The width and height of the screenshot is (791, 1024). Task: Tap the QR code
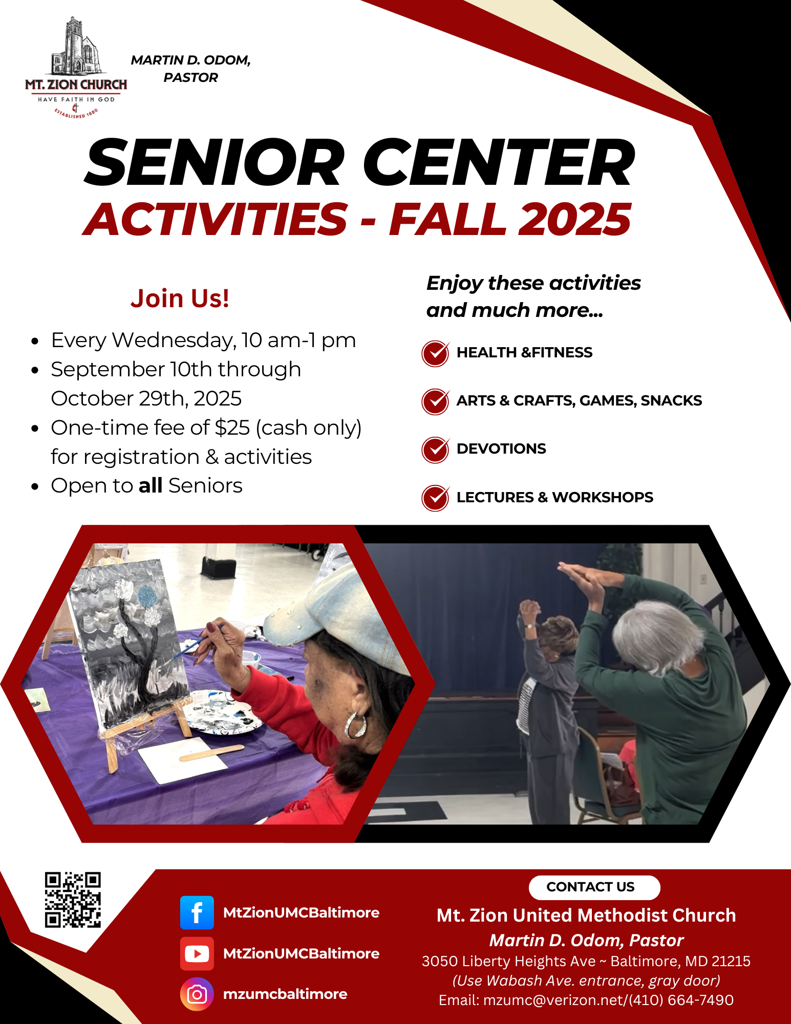click(73, 900)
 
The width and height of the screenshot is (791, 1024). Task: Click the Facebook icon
click(197, 913)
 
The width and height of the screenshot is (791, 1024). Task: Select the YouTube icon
click(197, 953)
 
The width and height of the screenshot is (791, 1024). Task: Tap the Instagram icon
click(197, 994)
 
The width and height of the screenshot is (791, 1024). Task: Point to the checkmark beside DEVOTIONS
click(436, 450)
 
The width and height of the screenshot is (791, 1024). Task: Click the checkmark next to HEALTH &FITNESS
click(436, 353)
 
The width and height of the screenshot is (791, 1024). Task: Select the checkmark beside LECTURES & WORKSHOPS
click(436, 498)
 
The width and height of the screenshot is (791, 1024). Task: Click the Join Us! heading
click(180, 298)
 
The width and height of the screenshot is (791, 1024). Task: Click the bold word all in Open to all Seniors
click(151, 485)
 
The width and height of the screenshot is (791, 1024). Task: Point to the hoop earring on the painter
click(355, 726)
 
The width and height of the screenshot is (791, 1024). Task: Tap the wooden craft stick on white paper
click(211, 752)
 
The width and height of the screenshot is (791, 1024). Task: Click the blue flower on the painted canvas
click(147, 598)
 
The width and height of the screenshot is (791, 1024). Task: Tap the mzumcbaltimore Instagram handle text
click(285, 994)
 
